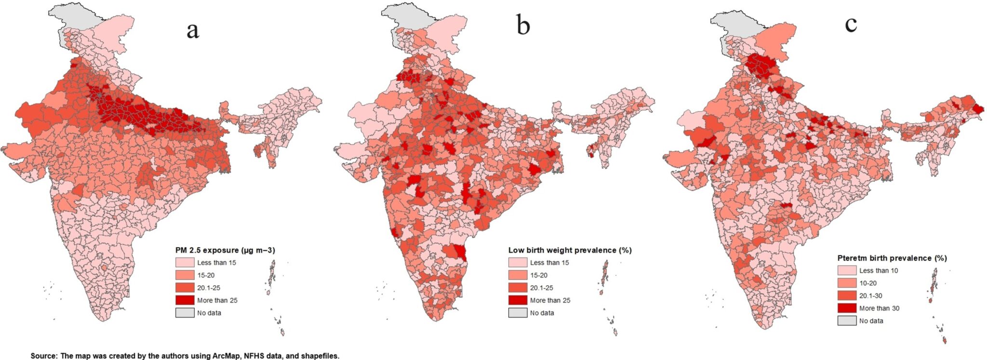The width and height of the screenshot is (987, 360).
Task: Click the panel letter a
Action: point(193,30)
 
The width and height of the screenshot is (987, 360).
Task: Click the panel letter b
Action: point(523,25)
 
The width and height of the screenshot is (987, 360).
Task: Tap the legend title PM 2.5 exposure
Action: point(225,250)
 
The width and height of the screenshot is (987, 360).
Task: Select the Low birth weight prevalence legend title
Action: point(570,250)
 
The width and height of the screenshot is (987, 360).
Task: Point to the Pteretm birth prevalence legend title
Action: point(892,258)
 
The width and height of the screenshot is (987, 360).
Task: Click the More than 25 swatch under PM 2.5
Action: point(185,300)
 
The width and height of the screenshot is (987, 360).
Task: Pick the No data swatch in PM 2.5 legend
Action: point(185,313)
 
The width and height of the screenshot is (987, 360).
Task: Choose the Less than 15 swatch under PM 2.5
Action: point(185,263)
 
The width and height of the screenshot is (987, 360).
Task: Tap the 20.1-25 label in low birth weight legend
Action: point(542,288)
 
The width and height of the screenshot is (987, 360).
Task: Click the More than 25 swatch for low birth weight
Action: point(518,300)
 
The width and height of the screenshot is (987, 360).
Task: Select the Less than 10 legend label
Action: point(879,270)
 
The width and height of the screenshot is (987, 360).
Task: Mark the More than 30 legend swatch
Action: point(847,308)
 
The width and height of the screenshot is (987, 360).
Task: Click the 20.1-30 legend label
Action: point(871,295)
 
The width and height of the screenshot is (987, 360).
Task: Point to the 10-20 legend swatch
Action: point(847,283)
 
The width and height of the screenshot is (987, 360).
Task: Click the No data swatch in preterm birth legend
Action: point(847,320)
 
